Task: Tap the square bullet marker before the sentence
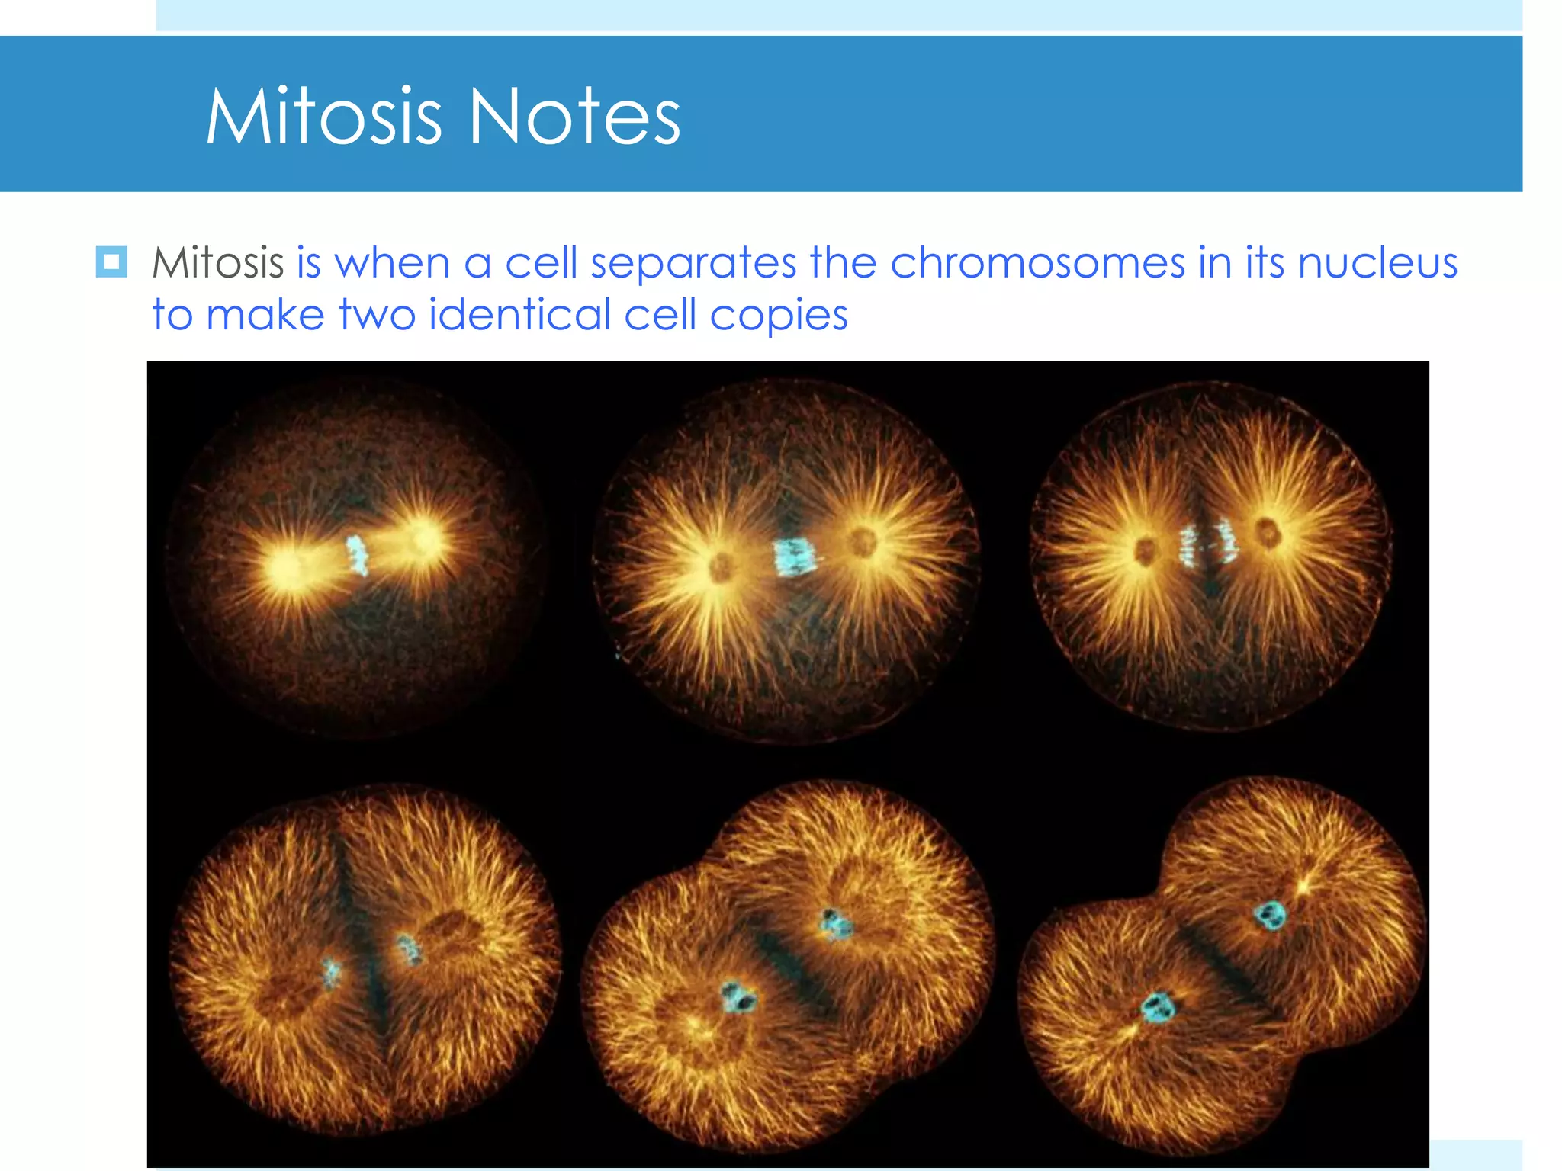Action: click(111, 262)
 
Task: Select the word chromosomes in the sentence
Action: click(1037, 263)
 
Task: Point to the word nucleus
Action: click(1377, 263)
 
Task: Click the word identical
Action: click(519, 315)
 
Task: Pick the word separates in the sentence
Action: click(693, 265)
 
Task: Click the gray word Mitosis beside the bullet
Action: click(218, 263)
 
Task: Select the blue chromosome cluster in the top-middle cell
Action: click(795, 557)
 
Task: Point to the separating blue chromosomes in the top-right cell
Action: click(1207, 543)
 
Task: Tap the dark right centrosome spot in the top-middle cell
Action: click(863, 543)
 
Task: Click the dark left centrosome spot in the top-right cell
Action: click(1146, 550)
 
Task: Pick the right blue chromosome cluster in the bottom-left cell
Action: click(410, 949)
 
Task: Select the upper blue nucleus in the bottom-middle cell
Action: click(834, 924)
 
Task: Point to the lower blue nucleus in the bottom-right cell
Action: click(1158, 1008)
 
